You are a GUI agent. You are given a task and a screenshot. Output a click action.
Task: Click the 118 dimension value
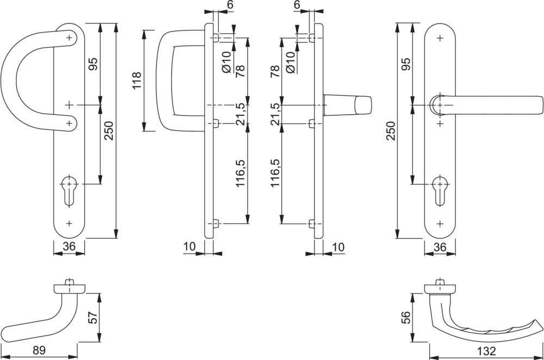[x=136, y=81]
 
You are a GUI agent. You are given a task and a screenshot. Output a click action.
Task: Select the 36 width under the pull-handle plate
[x=69, y=247]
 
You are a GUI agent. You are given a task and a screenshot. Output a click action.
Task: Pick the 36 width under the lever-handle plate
[x=440, y=247]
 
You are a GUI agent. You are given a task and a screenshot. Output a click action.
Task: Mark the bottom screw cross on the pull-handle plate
[x=69, y=223]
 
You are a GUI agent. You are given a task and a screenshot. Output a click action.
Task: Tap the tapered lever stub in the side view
[x=348, y=104]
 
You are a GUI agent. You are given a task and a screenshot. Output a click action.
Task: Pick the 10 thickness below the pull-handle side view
[x=189, y=247]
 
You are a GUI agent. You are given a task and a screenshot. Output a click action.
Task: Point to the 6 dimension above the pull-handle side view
[x=214, y=4]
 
